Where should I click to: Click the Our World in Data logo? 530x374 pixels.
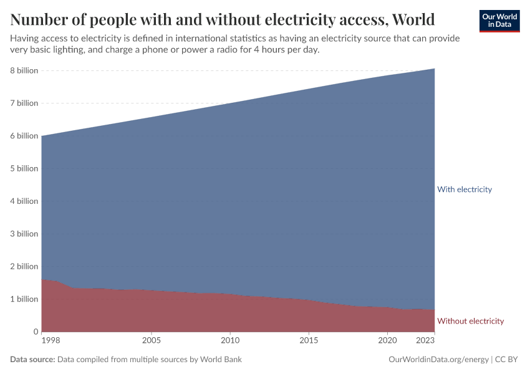499,21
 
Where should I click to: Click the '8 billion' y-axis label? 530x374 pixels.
24,70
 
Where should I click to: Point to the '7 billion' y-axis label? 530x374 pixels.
24,103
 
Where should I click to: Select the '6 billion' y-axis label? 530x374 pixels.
24,136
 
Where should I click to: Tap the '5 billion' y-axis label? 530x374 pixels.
24,168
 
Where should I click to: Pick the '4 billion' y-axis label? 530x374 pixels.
24,201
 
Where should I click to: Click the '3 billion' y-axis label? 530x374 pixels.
24,234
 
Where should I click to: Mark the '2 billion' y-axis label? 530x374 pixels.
24,266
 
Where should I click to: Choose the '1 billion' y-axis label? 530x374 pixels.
24,299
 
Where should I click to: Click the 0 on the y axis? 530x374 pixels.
36,332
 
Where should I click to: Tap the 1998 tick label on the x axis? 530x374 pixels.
51,340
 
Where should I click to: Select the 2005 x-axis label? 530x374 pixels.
152,340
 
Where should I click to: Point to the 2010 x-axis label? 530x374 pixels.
230,340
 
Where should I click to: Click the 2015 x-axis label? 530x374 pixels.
309,340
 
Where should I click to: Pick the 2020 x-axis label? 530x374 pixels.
387,340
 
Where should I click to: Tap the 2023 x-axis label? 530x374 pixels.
425,340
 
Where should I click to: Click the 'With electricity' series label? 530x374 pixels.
465,189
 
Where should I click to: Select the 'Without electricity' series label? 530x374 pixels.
470,321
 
